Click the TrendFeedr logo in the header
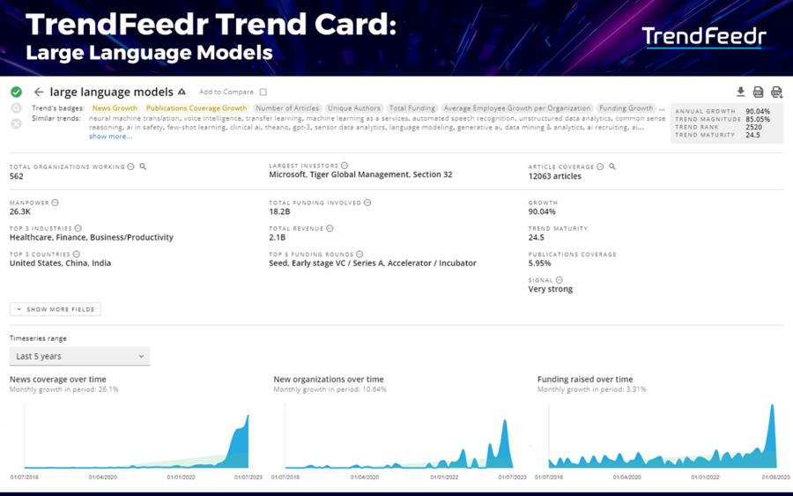[704, 36]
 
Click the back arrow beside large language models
[39, 92]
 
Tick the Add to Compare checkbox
[263, 92]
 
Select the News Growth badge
[115, 108]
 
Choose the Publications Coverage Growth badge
[196, 108]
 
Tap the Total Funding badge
[411, 108]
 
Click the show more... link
[110, 137]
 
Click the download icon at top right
[740, 92]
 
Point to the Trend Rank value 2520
[753, 128]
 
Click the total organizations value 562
[17, 176]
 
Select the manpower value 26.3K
[20, 211]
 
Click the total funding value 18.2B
[280, 211]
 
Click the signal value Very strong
[551, 289]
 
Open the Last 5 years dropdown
[79, 356]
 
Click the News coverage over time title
[58, 379]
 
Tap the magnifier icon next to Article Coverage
[612, 167]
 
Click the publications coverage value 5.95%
[540, 263]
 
